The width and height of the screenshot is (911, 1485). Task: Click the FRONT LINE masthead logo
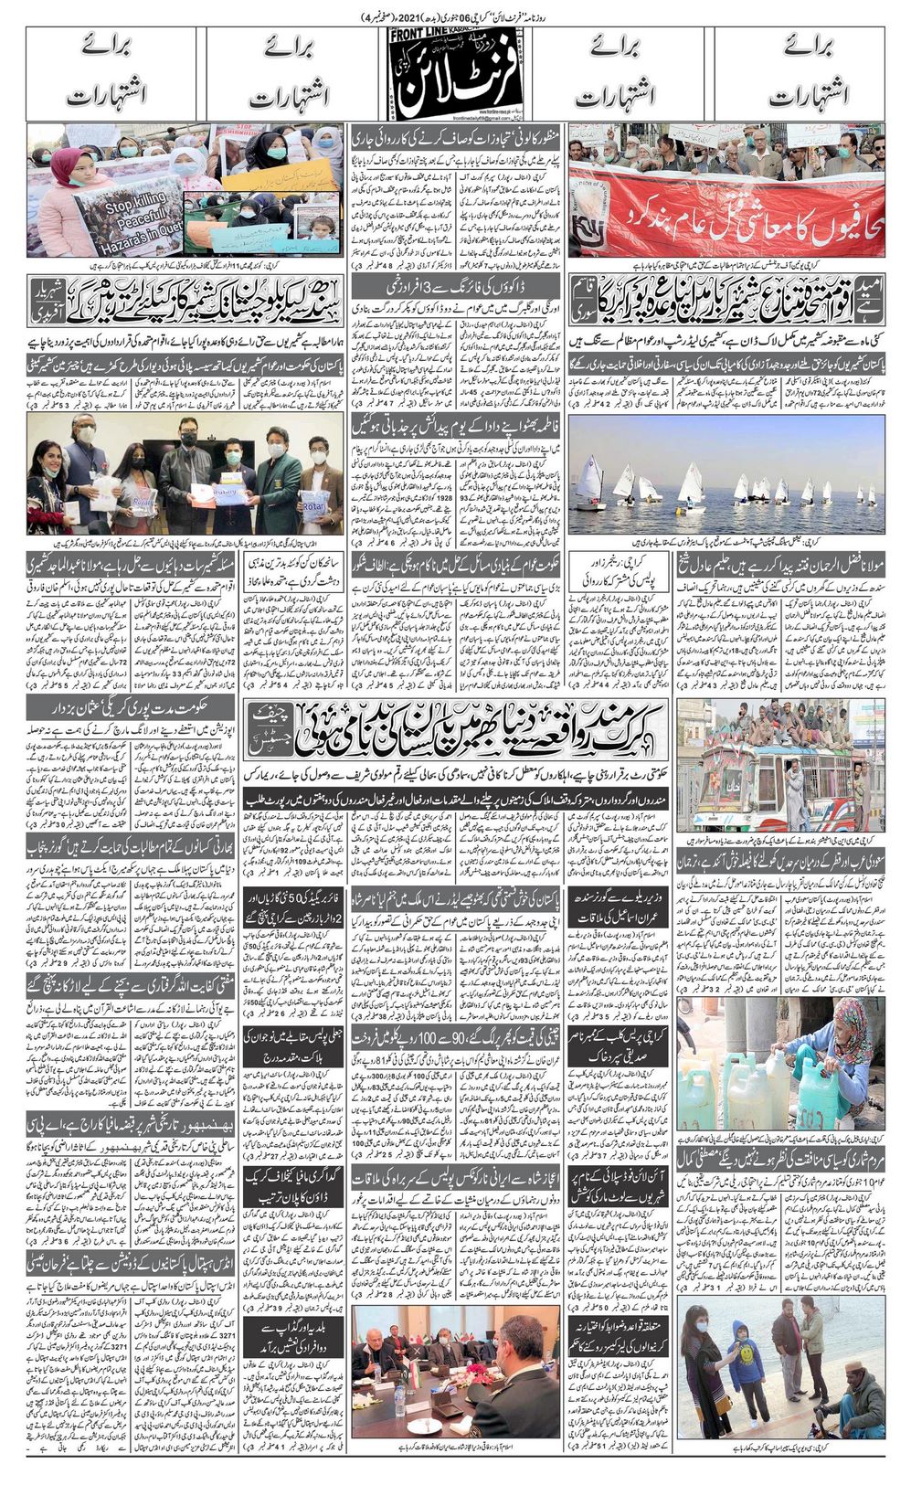[455, 73]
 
